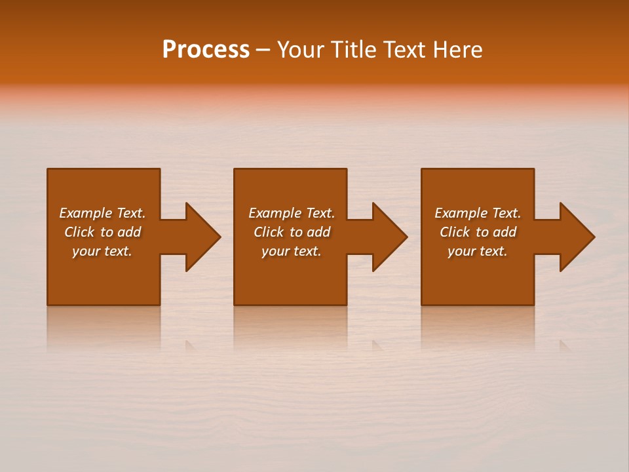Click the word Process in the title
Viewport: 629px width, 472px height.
coord(206,50)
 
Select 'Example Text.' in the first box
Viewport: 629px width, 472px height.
coord(102,213)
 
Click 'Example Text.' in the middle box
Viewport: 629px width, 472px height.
coord(292,213)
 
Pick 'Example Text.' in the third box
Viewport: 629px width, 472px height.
coord(478,213)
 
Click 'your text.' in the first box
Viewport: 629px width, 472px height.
coord(102,251)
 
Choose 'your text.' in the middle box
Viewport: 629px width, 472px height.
coord(292,251)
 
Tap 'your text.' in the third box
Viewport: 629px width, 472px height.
coord(478,251)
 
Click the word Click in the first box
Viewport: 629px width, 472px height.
coord(79,232)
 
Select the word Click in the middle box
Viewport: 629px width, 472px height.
coord(269,232)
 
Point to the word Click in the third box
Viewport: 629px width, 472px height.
coord(455,232)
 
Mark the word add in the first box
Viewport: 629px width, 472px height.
coord(130,232)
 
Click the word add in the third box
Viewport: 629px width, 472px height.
coord(505,232)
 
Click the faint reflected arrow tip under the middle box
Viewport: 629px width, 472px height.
coord(377,345)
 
